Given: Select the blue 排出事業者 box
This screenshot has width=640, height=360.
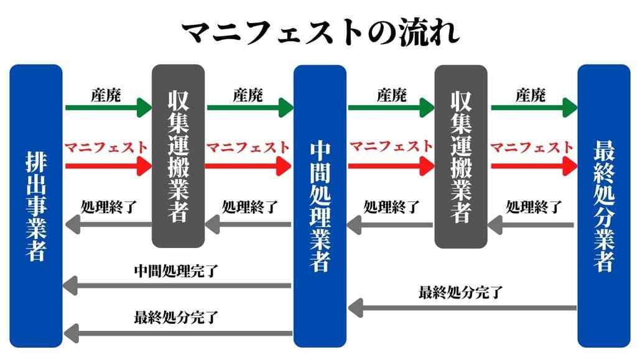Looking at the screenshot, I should (x=36, y=205).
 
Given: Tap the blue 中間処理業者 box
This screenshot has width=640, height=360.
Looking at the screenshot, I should (x=320, y=205).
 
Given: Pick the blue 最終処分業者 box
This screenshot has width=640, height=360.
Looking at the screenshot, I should (x=604, y=205).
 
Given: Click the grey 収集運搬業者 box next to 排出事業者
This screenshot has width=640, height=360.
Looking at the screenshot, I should (x=179, y=155).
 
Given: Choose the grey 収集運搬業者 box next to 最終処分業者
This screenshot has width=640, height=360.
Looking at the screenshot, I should (x=461, y=155).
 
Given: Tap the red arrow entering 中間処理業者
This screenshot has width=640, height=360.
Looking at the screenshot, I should (x=249, y=166).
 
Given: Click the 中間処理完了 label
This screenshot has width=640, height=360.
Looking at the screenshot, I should (x=179, y=272).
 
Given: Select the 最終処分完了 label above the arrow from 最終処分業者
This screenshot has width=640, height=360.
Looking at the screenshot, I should (x=461, y=292).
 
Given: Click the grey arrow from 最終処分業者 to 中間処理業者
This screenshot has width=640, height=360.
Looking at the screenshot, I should (x=461, y=307).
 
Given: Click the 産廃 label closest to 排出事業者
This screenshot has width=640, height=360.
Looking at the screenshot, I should (x=106, y=95).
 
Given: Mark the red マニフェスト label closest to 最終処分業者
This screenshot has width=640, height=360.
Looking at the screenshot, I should (x=532, y=147).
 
